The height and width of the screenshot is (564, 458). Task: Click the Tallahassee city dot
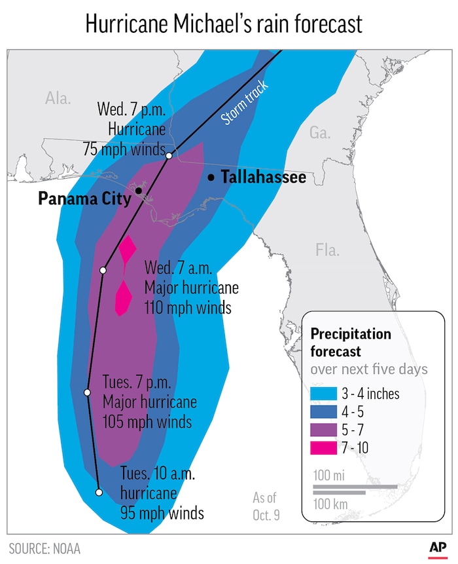tap(211, 178)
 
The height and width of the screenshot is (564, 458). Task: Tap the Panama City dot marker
tap(139, 191)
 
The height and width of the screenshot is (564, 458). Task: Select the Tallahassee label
tap(263, 178)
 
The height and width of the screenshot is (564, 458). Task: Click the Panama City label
tap(84, 198)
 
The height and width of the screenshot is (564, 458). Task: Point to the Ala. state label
tap(58, 98)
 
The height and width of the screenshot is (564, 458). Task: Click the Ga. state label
tap(319, 133)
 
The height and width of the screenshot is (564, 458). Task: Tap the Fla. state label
tap(327, 250)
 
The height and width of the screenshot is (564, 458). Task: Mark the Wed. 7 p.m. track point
tap(169, 156)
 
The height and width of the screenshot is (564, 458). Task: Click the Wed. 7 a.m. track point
tap(103, 270)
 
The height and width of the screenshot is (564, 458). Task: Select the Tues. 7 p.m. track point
tap(87, 392)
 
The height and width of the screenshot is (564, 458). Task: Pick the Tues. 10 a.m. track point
tap(99, 492)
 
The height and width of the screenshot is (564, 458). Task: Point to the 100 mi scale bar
tap(355, 487)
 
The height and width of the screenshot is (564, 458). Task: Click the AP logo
tap(437, 546)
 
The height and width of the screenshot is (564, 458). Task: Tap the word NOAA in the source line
tap(65, 548)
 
